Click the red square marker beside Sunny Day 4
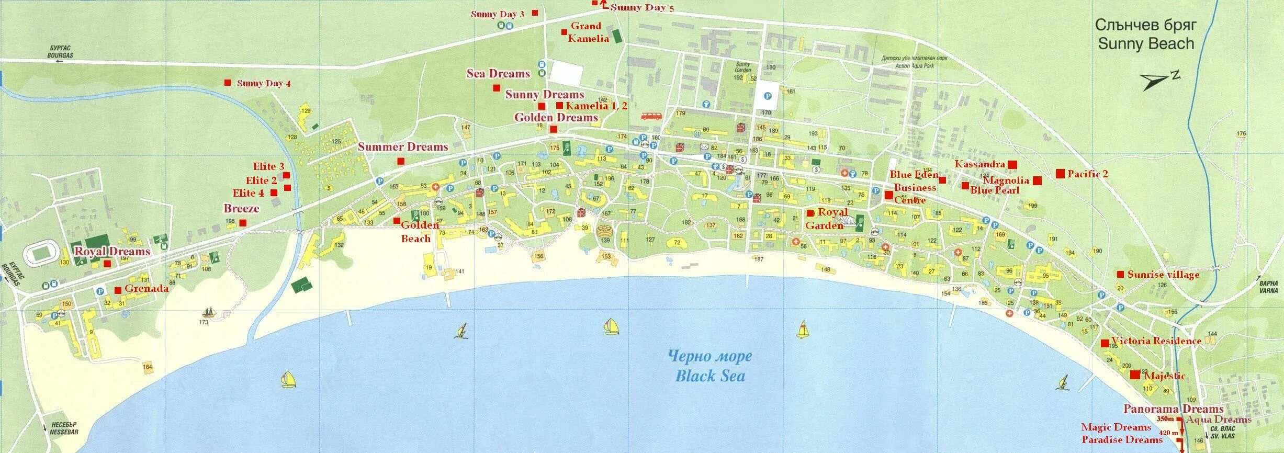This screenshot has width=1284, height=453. click(228, 83)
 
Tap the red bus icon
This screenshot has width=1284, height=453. click(651, 116)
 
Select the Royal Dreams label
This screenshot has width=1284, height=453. click(112, 251)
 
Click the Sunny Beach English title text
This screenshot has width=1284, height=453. click(1146, 43)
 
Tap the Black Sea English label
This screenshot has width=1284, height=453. click(710, 376)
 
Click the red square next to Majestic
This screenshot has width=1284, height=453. click(1135, 375)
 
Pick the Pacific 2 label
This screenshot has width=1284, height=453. click(1087, 174)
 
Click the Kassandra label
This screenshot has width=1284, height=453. click(979, 164)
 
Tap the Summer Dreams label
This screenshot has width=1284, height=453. click(403, 147)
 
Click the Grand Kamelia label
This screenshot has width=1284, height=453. click(588, 32)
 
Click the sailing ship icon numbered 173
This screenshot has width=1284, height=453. click(209, 313)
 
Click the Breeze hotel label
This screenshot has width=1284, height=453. click(241, 208)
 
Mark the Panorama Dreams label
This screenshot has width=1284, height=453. click(1173, 409)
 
